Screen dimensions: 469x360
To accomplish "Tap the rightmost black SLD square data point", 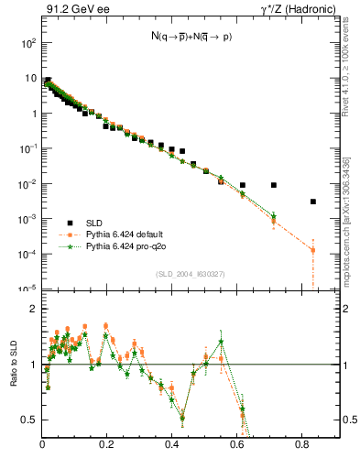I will [x=313, y=202].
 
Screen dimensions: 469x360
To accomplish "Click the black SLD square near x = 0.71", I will [x=274, y=185].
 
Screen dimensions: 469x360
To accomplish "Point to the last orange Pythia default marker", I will [x=313, y=250].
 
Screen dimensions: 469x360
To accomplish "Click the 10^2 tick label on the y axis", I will [x=28, y=43].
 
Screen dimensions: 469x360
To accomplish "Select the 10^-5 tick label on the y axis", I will [x=28, y=289].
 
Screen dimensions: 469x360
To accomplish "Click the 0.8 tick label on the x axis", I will [x=302, y=446].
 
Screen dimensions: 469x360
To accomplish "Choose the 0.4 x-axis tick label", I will [x=172, y=446].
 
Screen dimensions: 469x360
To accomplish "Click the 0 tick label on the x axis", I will [x=43, y=446].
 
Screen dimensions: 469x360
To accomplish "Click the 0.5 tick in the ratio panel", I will [x=31, y=420].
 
